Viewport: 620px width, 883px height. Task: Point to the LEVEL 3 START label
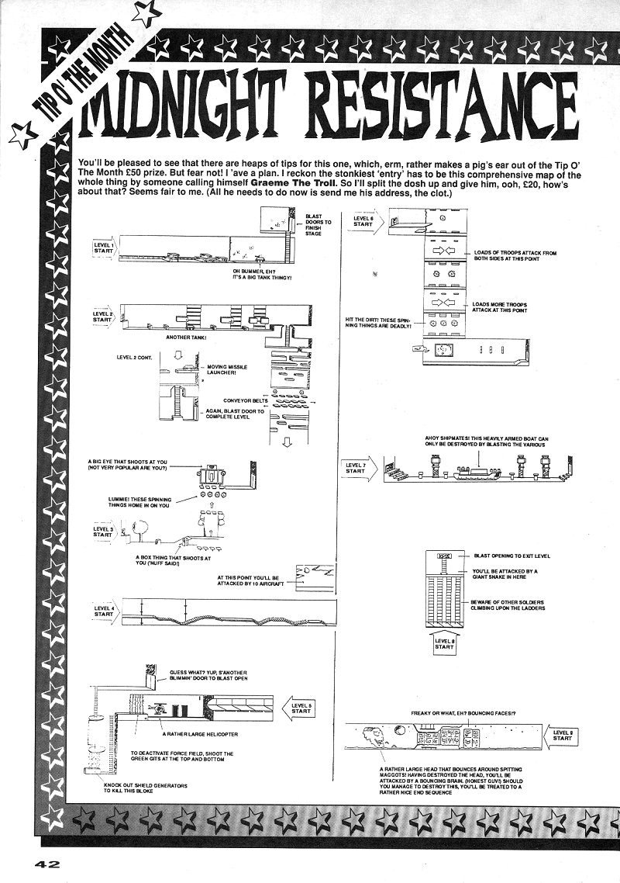pos(103,532)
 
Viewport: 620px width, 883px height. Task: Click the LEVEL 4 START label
pos(104,611)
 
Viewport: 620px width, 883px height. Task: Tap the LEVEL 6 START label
pos(363,221)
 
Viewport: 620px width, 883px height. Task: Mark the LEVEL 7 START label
pos(355,468)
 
